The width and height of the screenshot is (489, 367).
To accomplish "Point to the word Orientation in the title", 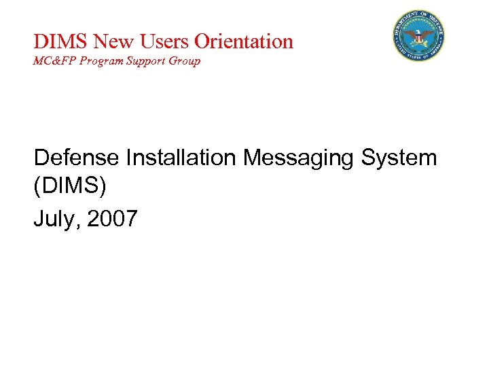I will pyautogui.click(x=244, y=41).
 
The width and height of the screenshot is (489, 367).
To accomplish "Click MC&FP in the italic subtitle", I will pyautogui.click(x=51, y=61).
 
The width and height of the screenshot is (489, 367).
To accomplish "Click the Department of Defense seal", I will pyautogui.click(x=418, y=36).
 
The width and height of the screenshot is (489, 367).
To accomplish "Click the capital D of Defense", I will pyautogui.click(x=41, y=158).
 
